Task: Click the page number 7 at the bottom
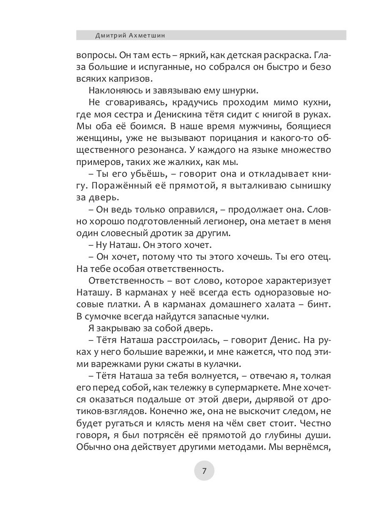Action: click(x=204, y=471)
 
